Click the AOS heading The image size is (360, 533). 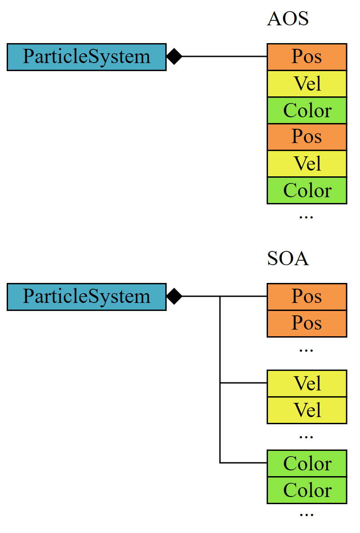click(288, 19)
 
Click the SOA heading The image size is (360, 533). click(288, 259)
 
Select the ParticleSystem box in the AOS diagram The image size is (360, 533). click(87, 57)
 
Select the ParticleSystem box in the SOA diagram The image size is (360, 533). click(87, 297)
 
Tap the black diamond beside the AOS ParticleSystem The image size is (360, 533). click(174, 56)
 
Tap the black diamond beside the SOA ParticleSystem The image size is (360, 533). click(174, 296)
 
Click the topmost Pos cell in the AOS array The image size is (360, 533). click(307, 57)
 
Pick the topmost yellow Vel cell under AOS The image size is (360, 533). click(307, 84)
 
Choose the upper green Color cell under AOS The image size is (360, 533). click(307, 111)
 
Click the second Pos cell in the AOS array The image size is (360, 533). click(307, 137)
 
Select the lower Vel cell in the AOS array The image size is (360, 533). click(307, 164)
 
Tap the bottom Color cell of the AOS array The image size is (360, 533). click(307, 191)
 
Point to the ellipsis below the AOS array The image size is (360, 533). click(306, 217)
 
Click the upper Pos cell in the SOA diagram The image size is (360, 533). click(307, 297)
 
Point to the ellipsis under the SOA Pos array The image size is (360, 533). click(306, 350)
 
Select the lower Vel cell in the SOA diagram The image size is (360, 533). click(307, 410)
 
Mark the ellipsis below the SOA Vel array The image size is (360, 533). click(306, 437)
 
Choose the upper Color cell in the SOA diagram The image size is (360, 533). click(307, 464)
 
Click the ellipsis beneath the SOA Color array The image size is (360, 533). click(306, 515)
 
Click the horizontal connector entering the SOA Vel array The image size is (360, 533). click(244, 383)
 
